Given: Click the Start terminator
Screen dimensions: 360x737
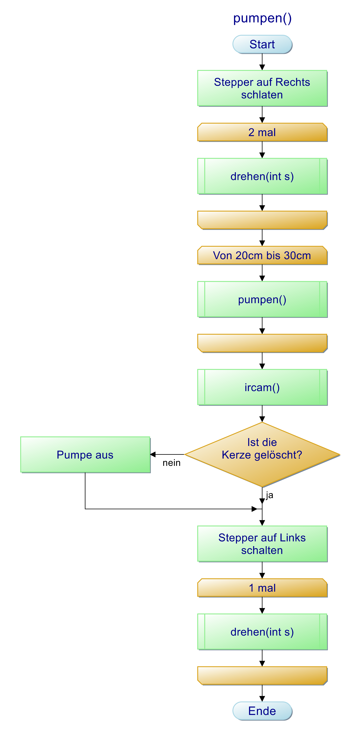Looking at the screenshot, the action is tap(262, 44).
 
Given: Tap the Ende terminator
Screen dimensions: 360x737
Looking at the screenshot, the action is tap(262, 711).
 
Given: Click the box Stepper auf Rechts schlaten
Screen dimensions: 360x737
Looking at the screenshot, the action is tap(262, 88).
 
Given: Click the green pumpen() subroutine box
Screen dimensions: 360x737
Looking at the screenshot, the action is tap(262, 300).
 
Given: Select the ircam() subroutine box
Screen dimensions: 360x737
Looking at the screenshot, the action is tap(262, 387).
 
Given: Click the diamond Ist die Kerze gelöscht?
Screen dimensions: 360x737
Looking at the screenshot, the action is tap(262, 455).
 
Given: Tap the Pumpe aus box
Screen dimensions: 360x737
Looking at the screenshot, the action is tap(85, 455).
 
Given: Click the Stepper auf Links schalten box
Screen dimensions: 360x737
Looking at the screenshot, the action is tap(262, 544).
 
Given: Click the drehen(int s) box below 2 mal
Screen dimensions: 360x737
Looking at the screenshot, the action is tap(262, 176).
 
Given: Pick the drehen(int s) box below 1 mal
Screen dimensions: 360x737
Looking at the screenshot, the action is tap(262, 632).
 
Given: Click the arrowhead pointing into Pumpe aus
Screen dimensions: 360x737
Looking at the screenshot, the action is tap(153, 454).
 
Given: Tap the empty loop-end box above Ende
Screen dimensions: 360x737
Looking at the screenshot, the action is tap(262, 676).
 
